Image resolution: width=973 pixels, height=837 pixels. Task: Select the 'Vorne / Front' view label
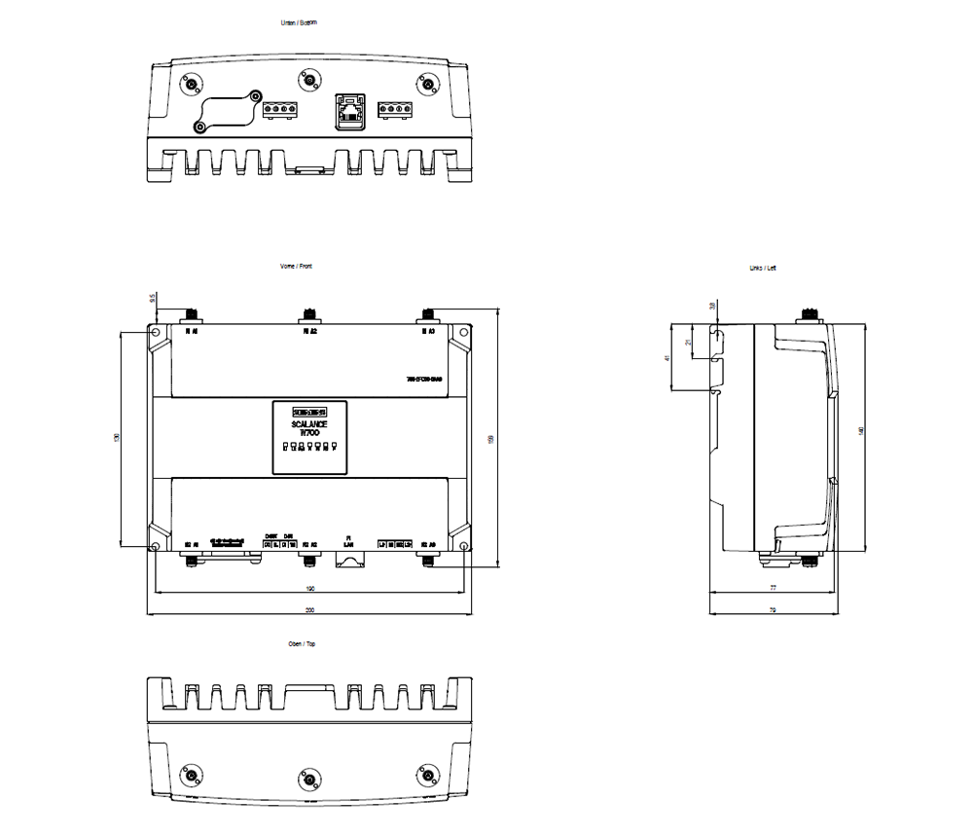coord(296,266)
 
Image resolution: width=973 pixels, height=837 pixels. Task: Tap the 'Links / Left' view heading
coord(763,268)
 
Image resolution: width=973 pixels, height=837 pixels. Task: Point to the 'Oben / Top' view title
coord(302,644)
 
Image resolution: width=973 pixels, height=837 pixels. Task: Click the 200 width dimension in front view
coord(309,610)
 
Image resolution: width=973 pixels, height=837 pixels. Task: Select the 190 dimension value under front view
coord(309,589)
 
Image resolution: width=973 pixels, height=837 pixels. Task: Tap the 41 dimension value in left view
coord(667,358)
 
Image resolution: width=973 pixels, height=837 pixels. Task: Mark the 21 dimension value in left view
coord(688,344)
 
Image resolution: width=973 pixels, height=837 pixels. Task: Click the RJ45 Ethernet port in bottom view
coord(349,110)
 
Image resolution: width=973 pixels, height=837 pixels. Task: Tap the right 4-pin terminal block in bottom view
coord(394,109)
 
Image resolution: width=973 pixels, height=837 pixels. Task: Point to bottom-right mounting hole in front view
coord(463,547)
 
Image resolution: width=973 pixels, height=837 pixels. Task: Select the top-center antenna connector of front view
coord(309,313)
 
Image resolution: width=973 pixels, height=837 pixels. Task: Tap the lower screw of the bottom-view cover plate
coord(198,127)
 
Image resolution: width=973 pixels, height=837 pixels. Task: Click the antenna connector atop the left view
coord(807,313)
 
